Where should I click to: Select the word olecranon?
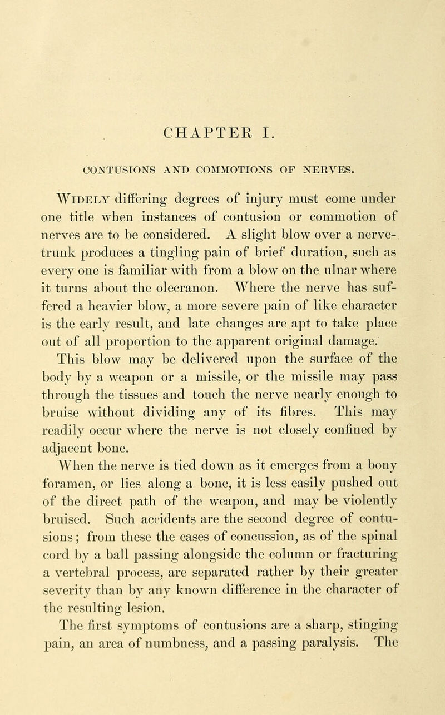coord(188,297)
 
